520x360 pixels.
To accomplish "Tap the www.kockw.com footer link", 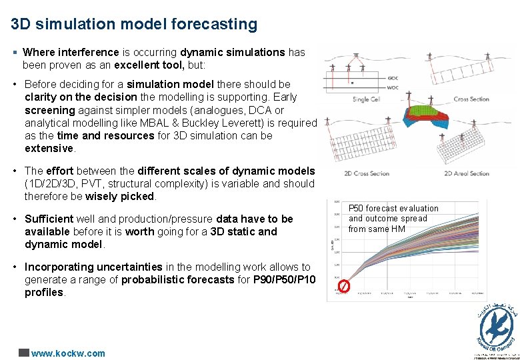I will point(68,353).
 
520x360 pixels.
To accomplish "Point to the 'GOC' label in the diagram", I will point(393,78).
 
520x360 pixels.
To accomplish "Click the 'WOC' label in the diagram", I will point(393,87).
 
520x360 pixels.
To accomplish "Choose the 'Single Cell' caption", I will point(365,99).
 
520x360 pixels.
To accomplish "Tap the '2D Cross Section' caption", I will point(366,173).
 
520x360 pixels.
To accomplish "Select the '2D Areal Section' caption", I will point(467,173).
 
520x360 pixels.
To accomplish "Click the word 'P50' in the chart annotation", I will point(357,209).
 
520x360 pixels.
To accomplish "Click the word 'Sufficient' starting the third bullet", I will point(48,219).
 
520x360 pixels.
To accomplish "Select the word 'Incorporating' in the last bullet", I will point(55,267).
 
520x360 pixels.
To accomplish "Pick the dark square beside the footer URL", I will point(23,353).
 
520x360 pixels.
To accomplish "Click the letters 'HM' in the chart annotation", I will point(398,229).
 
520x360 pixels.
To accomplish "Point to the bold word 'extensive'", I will point(49,148).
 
